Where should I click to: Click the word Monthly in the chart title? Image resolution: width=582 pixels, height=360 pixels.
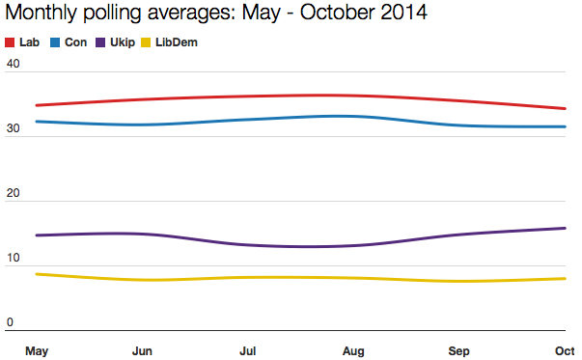click(41, 14)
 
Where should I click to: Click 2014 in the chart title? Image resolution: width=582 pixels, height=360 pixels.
click(402, 14)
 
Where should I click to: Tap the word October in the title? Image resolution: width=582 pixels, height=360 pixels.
click(334, 14)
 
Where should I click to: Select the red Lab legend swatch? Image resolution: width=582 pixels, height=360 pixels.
click(11, 43)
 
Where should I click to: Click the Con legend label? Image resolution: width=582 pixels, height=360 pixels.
click(75, 43)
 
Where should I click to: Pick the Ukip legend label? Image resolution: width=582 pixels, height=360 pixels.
click(123, 43)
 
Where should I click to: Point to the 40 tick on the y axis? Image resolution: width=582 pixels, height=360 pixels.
click(13, 65)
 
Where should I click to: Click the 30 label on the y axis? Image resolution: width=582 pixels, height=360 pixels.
click(13, 129)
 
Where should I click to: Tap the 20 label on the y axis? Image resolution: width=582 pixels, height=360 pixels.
click(13, 194)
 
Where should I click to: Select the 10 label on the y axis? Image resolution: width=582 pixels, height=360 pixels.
click(13, 259)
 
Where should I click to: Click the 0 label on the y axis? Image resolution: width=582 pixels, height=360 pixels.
click(10, 322)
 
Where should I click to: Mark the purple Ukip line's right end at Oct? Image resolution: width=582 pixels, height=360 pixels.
click(565, 228)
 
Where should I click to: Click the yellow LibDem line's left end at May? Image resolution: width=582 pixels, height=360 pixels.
click(36, 274)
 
